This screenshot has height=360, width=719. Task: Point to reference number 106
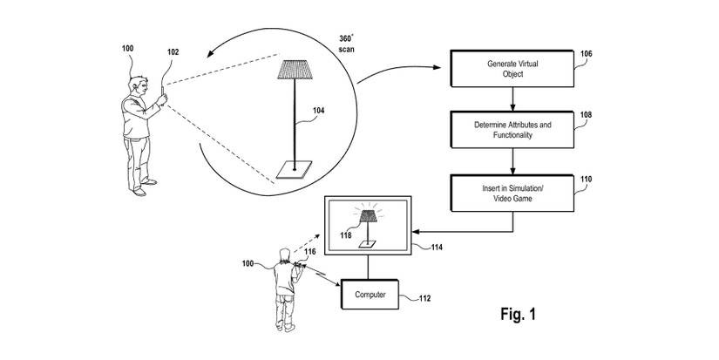586,54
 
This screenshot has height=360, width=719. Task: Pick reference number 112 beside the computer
424,299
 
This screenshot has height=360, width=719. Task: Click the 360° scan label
351,44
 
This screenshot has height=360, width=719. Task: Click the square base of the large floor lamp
295,170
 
